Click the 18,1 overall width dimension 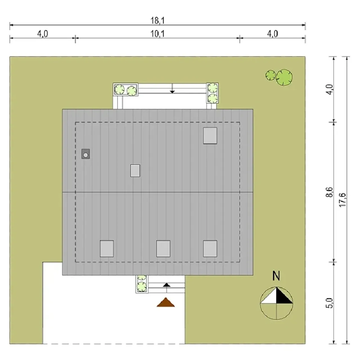[x=158, y=21]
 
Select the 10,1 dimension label [x=158, y=34]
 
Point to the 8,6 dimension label [x=330, y=192]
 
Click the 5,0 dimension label [x=330, y=303]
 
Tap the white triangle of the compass [x=269, y=295]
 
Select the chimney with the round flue [x=86, y=154]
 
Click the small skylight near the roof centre [x=135, y=170]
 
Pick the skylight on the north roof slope [x=210, y=136]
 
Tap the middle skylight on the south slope [x=163, y=248]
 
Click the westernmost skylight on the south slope [x=107, y=248]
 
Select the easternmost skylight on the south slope [x=210, y=248]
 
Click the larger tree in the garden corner [x=284, y=77]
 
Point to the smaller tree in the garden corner [x=271, y=75]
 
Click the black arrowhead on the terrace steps [x=172, y=92]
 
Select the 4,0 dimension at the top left [x=42, y=34]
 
